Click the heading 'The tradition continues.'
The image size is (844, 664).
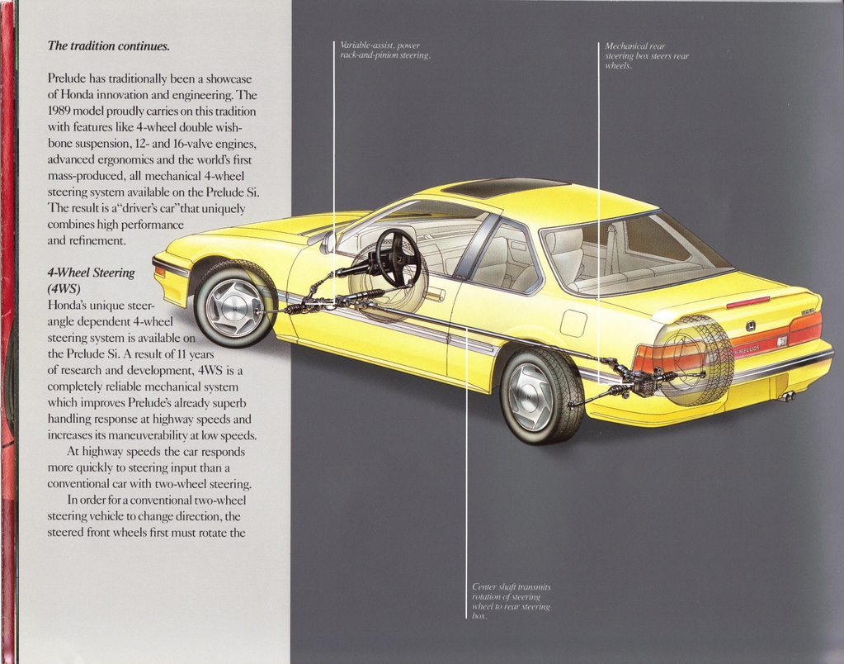coord(109,45)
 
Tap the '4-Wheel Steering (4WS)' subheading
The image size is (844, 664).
coord(91,280)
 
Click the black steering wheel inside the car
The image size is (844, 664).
coord(398,258)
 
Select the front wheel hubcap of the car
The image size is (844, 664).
coord(233,308)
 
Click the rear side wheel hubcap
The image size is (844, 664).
coord(530,396)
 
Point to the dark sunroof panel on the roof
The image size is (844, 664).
coord(504,187)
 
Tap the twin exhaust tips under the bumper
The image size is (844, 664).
coord(787,397)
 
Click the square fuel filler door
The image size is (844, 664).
coord(573,324)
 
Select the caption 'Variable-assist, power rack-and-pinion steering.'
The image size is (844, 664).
coord(385,50)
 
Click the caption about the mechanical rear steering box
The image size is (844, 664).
coord(647,55)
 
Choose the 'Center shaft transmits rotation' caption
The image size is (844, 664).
coord(512,601)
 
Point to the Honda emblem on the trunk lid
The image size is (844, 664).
coord(750,325)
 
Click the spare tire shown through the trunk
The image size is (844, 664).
coord(695,361)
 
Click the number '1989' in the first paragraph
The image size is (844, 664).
coord(59,111)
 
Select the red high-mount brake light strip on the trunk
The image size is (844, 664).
coord(748,302)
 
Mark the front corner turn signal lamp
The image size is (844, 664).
coord(159,272)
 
